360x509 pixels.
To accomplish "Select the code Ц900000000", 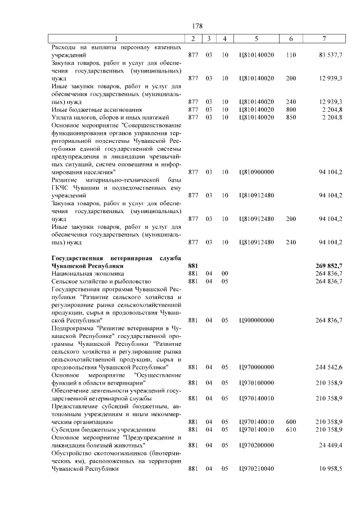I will [x=256, y=320].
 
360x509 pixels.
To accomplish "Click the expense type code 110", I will [x=291, y=56].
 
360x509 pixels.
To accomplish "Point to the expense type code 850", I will [x=291, y=117].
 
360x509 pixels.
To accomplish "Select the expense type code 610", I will [x=291, y=429].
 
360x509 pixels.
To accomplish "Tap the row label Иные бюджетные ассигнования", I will [x=93, y=109].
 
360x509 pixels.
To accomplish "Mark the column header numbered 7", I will [x=324, y=38].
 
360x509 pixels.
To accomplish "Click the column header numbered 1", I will [x=116, y=38].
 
